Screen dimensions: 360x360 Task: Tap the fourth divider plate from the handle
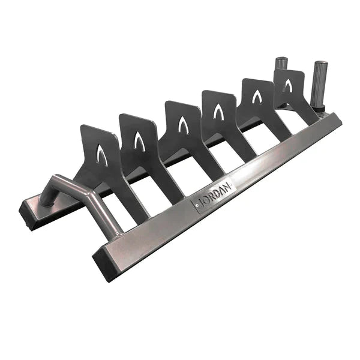220,114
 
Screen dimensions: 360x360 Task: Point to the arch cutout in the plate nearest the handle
103,155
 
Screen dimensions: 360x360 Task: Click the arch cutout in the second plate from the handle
139,140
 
